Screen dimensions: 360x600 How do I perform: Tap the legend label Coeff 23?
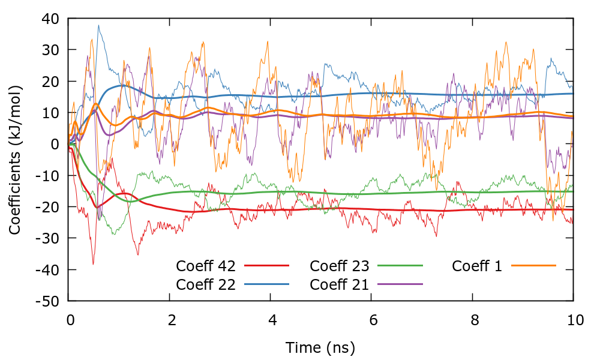(340, 266)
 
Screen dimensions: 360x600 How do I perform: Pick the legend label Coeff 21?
(340, 284)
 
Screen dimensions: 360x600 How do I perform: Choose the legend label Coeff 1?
(477, 266)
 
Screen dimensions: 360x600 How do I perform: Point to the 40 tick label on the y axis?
(50, 19)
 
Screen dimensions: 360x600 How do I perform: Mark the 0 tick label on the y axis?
(55, 144)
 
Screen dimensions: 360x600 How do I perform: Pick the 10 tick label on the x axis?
(574, 320)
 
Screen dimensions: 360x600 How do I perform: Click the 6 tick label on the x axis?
(372, 320)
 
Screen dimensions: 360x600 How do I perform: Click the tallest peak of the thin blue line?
(98, 25)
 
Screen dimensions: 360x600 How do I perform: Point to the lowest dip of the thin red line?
(93, 264)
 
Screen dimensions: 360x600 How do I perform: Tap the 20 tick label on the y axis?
(50, 82)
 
